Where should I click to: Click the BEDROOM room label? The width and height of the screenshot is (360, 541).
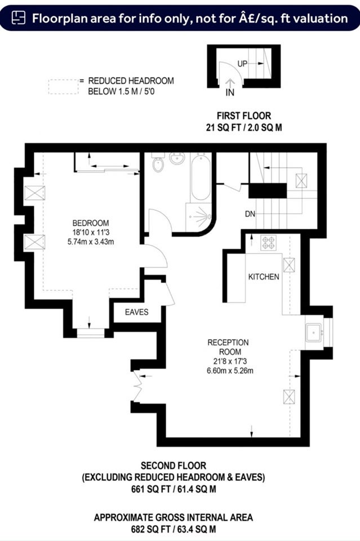pyautogui.click(x=91, y=223)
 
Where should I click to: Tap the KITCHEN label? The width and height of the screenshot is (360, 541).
pyautogui.click(x=264, y=277)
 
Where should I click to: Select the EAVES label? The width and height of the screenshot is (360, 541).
pyautogui.click(x=136, y=312)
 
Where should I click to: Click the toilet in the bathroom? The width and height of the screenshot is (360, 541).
pyautogui.click(x=158, y=162)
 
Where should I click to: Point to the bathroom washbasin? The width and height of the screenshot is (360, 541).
pyautogui.click(x=177, y=158)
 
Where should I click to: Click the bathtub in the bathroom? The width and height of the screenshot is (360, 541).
pyautogui.click(x=201, y=178)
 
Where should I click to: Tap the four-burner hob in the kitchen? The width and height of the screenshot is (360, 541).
pyautogui.click(x=268, y=242)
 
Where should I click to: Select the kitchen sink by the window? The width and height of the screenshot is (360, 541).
pyautogui.click(x=314, y=332)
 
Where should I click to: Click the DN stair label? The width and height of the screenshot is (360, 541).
pyautogui.click(x=250, y=214)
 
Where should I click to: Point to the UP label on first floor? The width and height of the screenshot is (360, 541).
pyautogui.click(x=242, y=64)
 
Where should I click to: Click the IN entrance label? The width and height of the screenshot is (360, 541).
pyautogui.click(x=230, y=92)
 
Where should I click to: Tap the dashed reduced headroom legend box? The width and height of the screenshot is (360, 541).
pyautogui.click(x=64, y=87)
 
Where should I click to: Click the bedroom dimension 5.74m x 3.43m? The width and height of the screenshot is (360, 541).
pyautogui.click(x=91, y=242)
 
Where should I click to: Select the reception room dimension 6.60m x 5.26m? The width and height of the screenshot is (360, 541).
pyautogui.click(x=230, y=371)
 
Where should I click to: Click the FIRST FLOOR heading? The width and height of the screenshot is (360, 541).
pyautogui.click(x=244, y=116)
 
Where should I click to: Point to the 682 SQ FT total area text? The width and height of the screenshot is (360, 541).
pyautogui.click(x=174, y=529)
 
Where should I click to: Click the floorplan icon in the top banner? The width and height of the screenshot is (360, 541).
pyautogui.click(x=18, y=17)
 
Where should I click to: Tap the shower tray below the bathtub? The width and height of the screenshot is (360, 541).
pyautogui.click(x=199, y=217)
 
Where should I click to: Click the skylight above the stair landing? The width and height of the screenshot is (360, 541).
pyautogui.click(x=301, y=181)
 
